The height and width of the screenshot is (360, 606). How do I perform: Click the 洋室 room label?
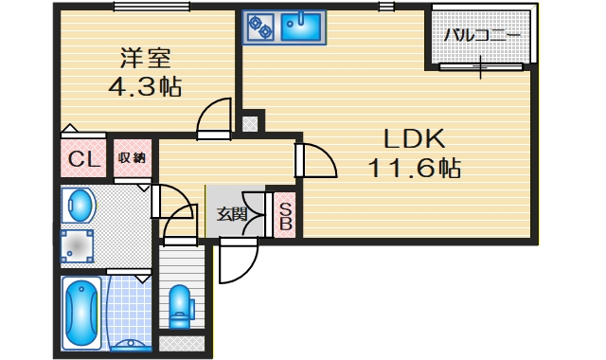coord(145,57)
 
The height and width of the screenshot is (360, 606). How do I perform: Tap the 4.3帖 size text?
coord(144,87)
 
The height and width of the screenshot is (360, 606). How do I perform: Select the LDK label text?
coord(415,138)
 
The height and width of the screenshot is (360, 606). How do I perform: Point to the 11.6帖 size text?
coord(415,170)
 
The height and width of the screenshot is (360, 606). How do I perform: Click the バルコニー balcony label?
coord(482,36)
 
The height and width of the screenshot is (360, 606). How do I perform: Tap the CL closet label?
coord(84,159)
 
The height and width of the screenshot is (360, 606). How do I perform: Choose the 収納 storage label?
coord(132,158)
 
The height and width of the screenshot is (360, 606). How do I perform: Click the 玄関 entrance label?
coord(232,213)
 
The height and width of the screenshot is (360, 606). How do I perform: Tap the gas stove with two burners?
coord(259,27)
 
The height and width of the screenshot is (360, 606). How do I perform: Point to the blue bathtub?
coord(82,314)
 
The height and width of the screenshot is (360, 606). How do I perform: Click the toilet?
coord(179,305)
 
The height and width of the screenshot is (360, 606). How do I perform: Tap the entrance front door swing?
coord(236,261)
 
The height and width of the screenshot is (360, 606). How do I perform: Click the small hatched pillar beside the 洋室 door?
coord(249,122)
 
